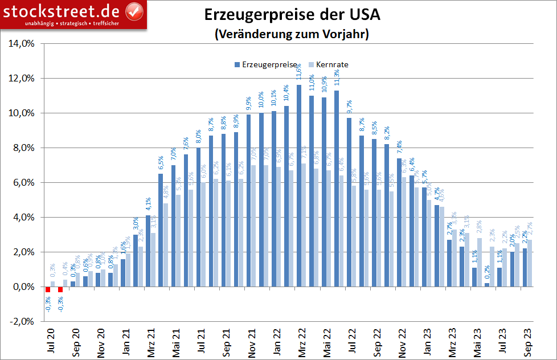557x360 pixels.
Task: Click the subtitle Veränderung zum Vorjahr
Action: coord(292,34)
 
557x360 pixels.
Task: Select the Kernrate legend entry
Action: coord(328,64)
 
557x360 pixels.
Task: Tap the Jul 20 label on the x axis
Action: coord(51,341)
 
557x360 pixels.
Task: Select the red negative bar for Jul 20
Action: coord(48,289)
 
